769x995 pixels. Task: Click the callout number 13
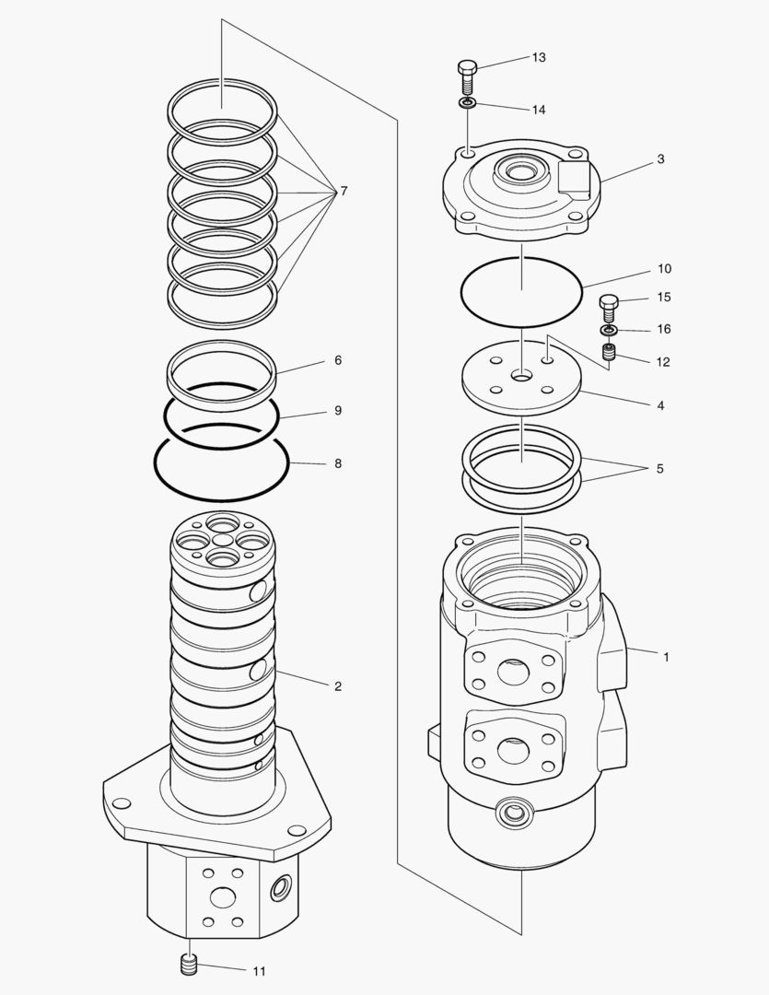[538, 58]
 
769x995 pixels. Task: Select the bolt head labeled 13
[466, 68]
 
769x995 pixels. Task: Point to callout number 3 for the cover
[660, 159]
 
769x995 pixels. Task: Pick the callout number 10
[664, 270]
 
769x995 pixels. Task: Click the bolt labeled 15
[608, 303]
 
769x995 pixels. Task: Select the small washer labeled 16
[608, 330]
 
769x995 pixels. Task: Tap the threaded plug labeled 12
[608, 352]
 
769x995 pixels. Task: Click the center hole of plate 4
[522, 376]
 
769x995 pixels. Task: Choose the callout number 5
[659, 469]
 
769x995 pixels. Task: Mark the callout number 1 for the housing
[666, 658]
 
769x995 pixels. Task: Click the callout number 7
[344, 192]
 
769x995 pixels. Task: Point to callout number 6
[337, 361]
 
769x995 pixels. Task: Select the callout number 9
[337, 411]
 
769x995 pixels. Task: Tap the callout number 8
[337, 464]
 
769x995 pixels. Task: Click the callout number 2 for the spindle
[337, 686]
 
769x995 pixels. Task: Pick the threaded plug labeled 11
[189, 966]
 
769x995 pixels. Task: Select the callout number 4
[659, 405]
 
